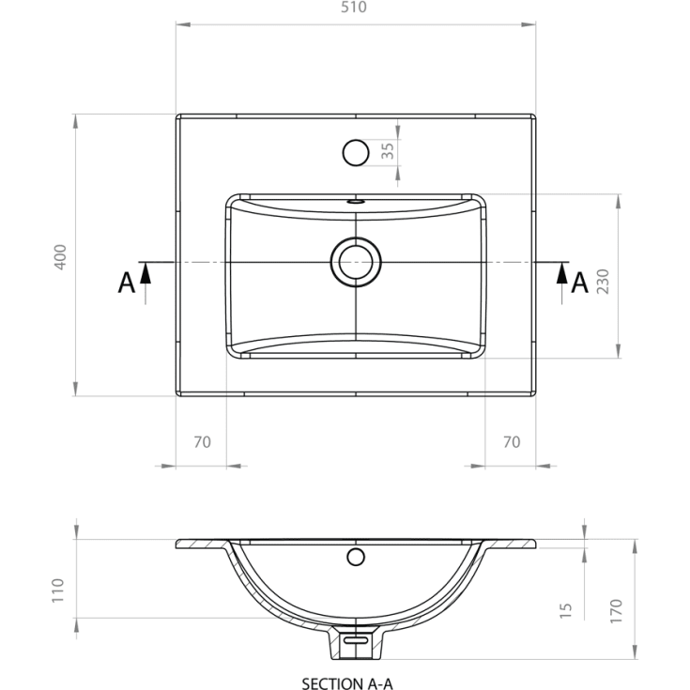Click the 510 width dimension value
pos(354,8)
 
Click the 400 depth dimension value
pos(60,257)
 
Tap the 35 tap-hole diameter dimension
pos(388,151)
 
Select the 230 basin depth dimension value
pos(603,282)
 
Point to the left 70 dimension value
pos(202,442)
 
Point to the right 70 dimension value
pos(512,442)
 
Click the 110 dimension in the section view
pos(57,590)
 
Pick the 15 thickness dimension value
pos(565,610)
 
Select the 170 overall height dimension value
pos(616,611)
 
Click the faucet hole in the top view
pos(356,153)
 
